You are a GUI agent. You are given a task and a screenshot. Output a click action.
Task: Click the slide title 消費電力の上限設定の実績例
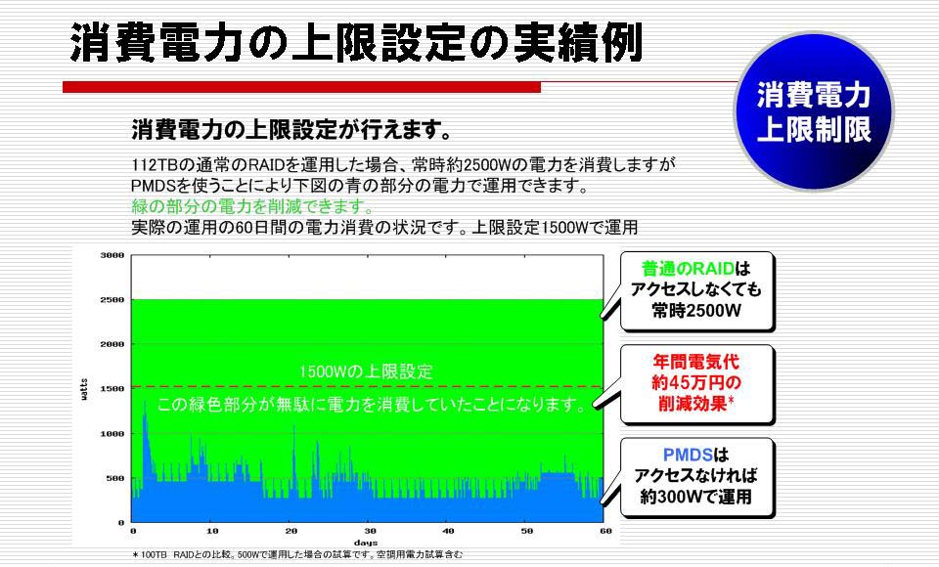pyautogui.click(x=356, y=42)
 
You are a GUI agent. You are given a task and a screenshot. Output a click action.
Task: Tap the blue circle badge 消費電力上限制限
pyautogui.click(x=813, y=112)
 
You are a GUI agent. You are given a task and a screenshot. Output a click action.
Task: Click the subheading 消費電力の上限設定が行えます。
pyautogui.click(x=291, y=129)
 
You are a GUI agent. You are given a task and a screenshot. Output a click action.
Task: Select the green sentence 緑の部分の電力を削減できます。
pyautogui.click(x=252, y=206)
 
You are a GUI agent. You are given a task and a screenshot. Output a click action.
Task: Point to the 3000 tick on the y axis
pyautogui.click(x=112, y=255)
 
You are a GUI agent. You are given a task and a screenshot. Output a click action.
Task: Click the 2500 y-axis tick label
pyautogui.click(x=112, y=299)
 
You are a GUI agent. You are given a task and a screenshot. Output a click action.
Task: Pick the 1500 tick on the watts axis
pyautogui.click(x=112, y=388)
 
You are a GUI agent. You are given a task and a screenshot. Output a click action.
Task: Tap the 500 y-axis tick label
pyautogui.click(x=115, y=478)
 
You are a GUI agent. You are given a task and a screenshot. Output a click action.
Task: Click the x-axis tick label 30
pyautogui.click(x=370, y=531)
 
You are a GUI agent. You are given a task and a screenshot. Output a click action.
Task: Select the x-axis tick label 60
pyautogui.click(x=605, y=531)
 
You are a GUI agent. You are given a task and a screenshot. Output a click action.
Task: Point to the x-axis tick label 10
pyautogui.click(x=212, y=531)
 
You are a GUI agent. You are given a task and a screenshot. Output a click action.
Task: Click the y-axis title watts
pyautogui.click(x=84, y=389)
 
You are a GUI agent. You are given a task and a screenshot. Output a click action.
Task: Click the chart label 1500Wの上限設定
pyautogui.click(x=365, y=371)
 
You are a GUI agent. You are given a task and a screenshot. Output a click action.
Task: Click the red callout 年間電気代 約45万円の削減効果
pyautogui.click(x=696, y=382)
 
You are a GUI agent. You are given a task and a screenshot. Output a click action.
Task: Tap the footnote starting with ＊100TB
pyautogui.click(x=297, y=555)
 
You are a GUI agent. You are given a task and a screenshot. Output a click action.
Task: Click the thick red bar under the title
pyautogui.click(x=302, y=87)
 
